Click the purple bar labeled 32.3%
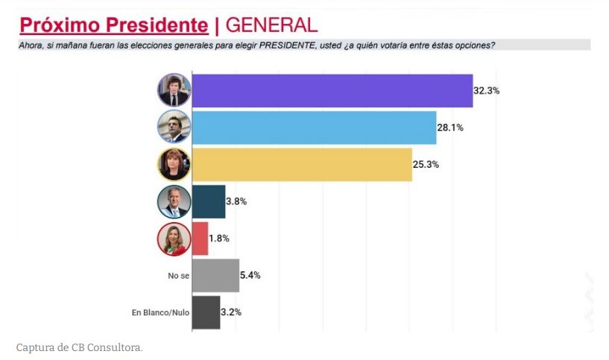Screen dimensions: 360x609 332,91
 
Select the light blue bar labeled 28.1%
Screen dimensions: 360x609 314,127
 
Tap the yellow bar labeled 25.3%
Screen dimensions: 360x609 302,164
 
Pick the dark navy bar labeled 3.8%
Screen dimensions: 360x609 209,201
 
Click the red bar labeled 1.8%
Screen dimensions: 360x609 200,238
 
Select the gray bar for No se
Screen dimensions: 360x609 215,275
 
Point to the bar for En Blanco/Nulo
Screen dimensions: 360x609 206,312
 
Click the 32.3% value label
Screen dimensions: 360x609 486,91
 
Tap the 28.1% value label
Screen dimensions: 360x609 450,127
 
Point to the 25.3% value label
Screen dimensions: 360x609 426,164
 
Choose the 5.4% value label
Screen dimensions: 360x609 250,275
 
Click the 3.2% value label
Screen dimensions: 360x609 232,312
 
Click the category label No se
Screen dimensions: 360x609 179,276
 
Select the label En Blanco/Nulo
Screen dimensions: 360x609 160,312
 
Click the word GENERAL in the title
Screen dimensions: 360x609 271,25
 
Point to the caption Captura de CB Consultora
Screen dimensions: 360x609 79,347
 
